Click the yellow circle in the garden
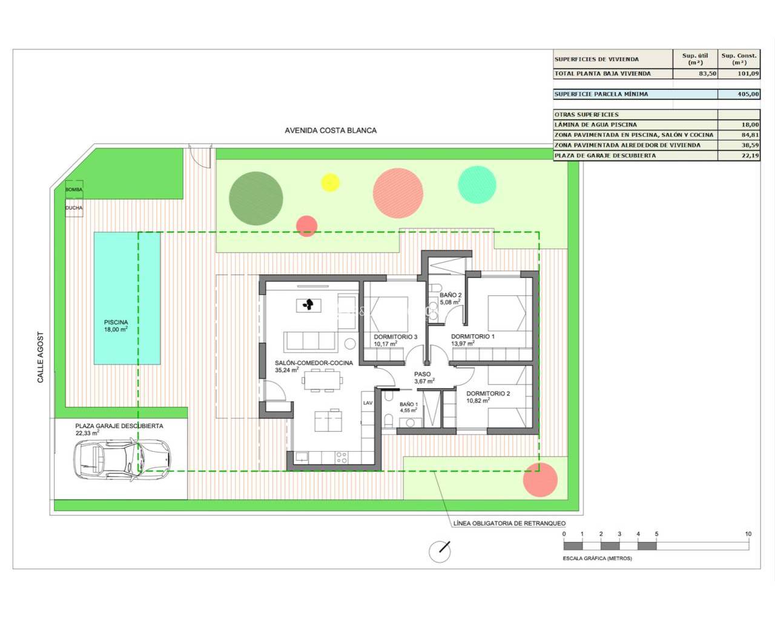330,182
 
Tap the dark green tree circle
256,198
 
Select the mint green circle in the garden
477,185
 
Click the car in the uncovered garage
122,460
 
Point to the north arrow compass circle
440,552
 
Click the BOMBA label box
74,190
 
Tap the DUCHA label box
74,208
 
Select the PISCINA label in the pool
116,323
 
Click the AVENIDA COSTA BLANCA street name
331,130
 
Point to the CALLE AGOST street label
41,357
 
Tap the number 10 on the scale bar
748,534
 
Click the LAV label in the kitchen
368,403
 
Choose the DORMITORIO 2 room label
488,394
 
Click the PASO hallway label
423,374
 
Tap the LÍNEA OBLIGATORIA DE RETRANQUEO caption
510,523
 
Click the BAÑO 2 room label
450,295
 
